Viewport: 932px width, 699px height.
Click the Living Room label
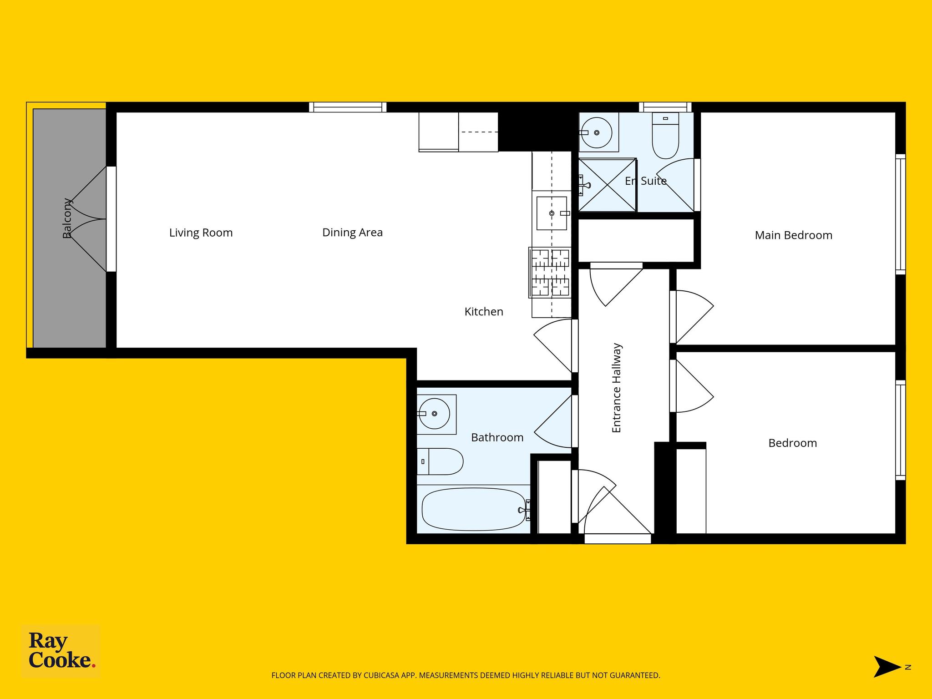(x=201, y=233)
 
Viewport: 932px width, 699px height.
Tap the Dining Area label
(x=352, y=233)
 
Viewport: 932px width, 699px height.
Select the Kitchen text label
(x=484, y=312)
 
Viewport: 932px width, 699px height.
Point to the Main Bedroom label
(x=793, y=235)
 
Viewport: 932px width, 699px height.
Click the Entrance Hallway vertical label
(x=617, y=388)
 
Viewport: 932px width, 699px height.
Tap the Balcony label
(x=67, y=218)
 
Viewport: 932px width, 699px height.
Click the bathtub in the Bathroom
(x=474, y=509)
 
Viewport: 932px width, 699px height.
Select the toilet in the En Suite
(x=665, y=135)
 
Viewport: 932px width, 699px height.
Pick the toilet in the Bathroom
(x=440, y=461)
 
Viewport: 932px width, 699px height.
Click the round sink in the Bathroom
(x=434, y=413)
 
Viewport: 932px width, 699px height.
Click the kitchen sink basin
(x=552, y=213)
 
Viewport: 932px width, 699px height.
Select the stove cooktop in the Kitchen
(x=550, y=273)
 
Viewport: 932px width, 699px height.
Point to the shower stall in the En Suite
(x=607, y=185)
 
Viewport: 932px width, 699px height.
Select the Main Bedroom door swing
(x=692, y=317)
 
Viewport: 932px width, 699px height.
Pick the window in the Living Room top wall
(x=348, y=107)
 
